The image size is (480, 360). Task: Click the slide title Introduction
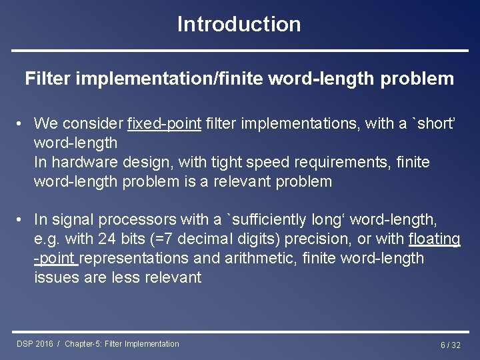coord(239,24)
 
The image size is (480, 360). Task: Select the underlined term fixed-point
coord(164,123)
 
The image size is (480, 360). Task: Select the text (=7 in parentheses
coord(170,239)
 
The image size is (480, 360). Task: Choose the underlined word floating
coord(434,239)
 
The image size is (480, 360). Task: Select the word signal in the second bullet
coord(71,219)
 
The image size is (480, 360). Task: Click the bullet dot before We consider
coord(21,124)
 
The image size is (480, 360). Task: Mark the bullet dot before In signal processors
coord(21,220)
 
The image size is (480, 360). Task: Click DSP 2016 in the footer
coord(35,344)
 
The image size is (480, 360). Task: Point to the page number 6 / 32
coord(450,345)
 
